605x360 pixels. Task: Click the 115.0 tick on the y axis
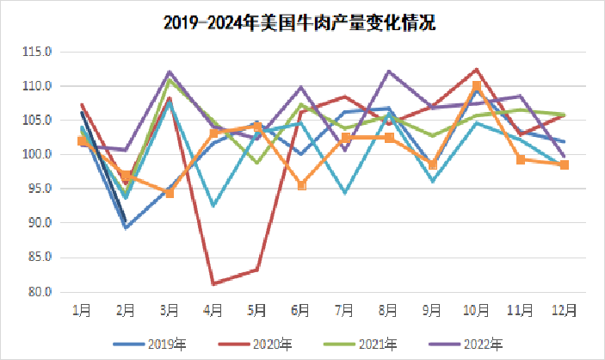40,52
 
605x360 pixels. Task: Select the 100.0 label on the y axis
40,154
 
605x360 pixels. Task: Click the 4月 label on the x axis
213,309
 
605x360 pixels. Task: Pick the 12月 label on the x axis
564,309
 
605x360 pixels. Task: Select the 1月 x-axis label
82,309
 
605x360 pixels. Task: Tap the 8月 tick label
388,309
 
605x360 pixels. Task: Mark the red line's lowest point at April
213,283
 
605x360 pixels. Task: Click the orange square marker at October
476,86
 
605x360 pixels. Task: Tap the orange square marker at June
301,185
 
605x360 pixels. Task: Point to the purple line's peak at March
170,71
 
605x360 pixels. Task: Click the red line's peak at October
476,69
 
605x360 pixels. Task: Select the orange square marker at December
565,164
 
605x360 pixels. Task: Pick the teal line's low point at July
345,193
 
